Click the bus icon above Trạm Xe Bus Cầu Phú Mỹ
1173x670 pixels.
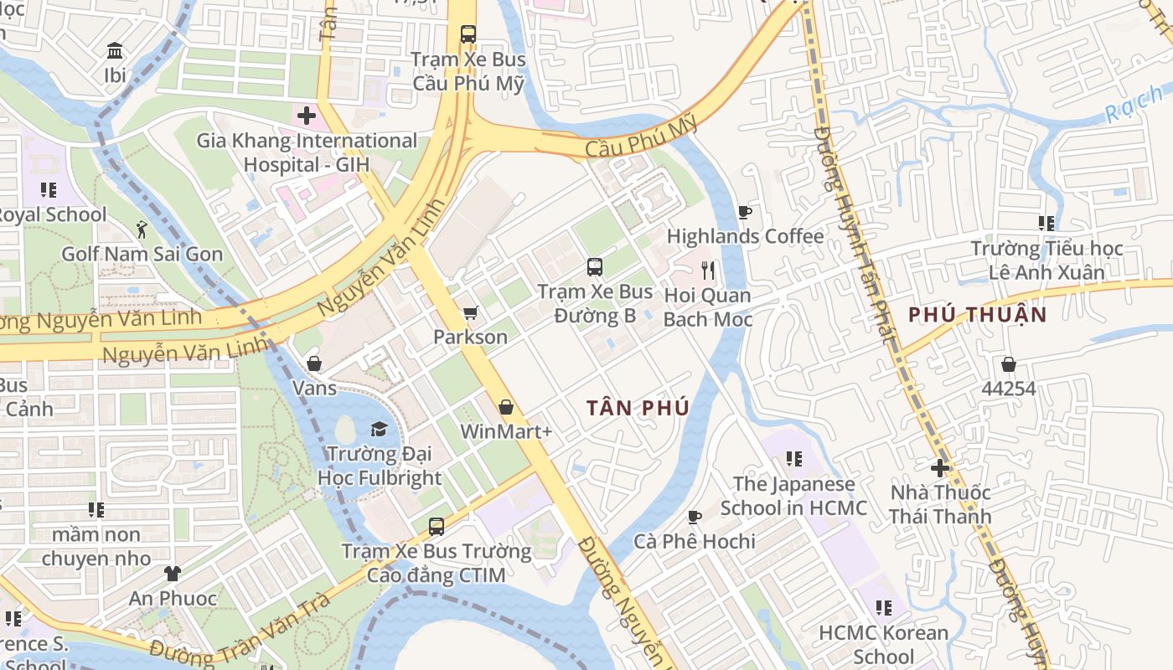coord(468,34)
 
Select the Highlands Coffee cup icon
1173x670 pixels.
coord(744,212)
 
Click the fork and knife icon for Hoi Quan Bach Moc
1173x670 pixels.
coord(708,270)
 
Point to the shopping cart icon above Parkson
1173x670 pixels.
coord(470,312)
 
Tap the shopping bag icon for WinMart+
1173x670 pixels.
coord(506,407)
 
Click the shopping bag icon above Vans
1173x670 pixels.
coord(314,363)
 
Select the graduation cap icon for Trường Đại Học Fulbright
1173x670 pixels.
coord(379,429)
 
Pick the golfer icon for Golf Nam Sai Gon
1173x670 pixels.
coord(142,229)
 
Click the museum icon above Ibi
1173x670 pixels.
coord(115,50)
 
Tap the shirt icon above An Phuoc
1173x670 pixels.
coord(173,574)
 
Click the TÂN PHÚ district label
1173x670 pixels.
coord(638,408)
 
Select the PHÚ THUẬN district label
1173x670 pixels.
coord(978,315)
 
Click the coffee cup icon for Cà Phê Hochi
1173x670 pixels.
coord(694,517)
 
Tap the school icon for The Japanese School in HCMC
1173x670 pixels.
coord(793,459)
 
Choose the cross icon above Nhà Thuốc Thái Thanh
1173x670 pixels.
coord(940,467)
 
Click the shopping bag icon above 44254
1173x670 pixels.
coord(1009,364)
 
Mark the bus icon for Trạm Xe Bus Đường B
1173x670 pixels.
coord(595,267)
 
